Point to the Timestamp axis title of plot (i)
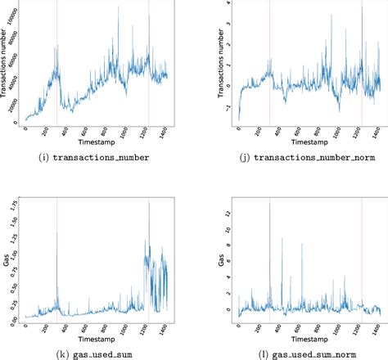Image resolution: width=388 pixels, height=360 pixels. pos(96,142)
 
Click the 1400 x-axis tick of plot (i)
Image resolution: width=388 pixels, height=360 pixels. pos(168,130)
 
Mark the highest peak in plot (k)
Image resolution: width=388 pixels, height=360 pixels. pos(149,203)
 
